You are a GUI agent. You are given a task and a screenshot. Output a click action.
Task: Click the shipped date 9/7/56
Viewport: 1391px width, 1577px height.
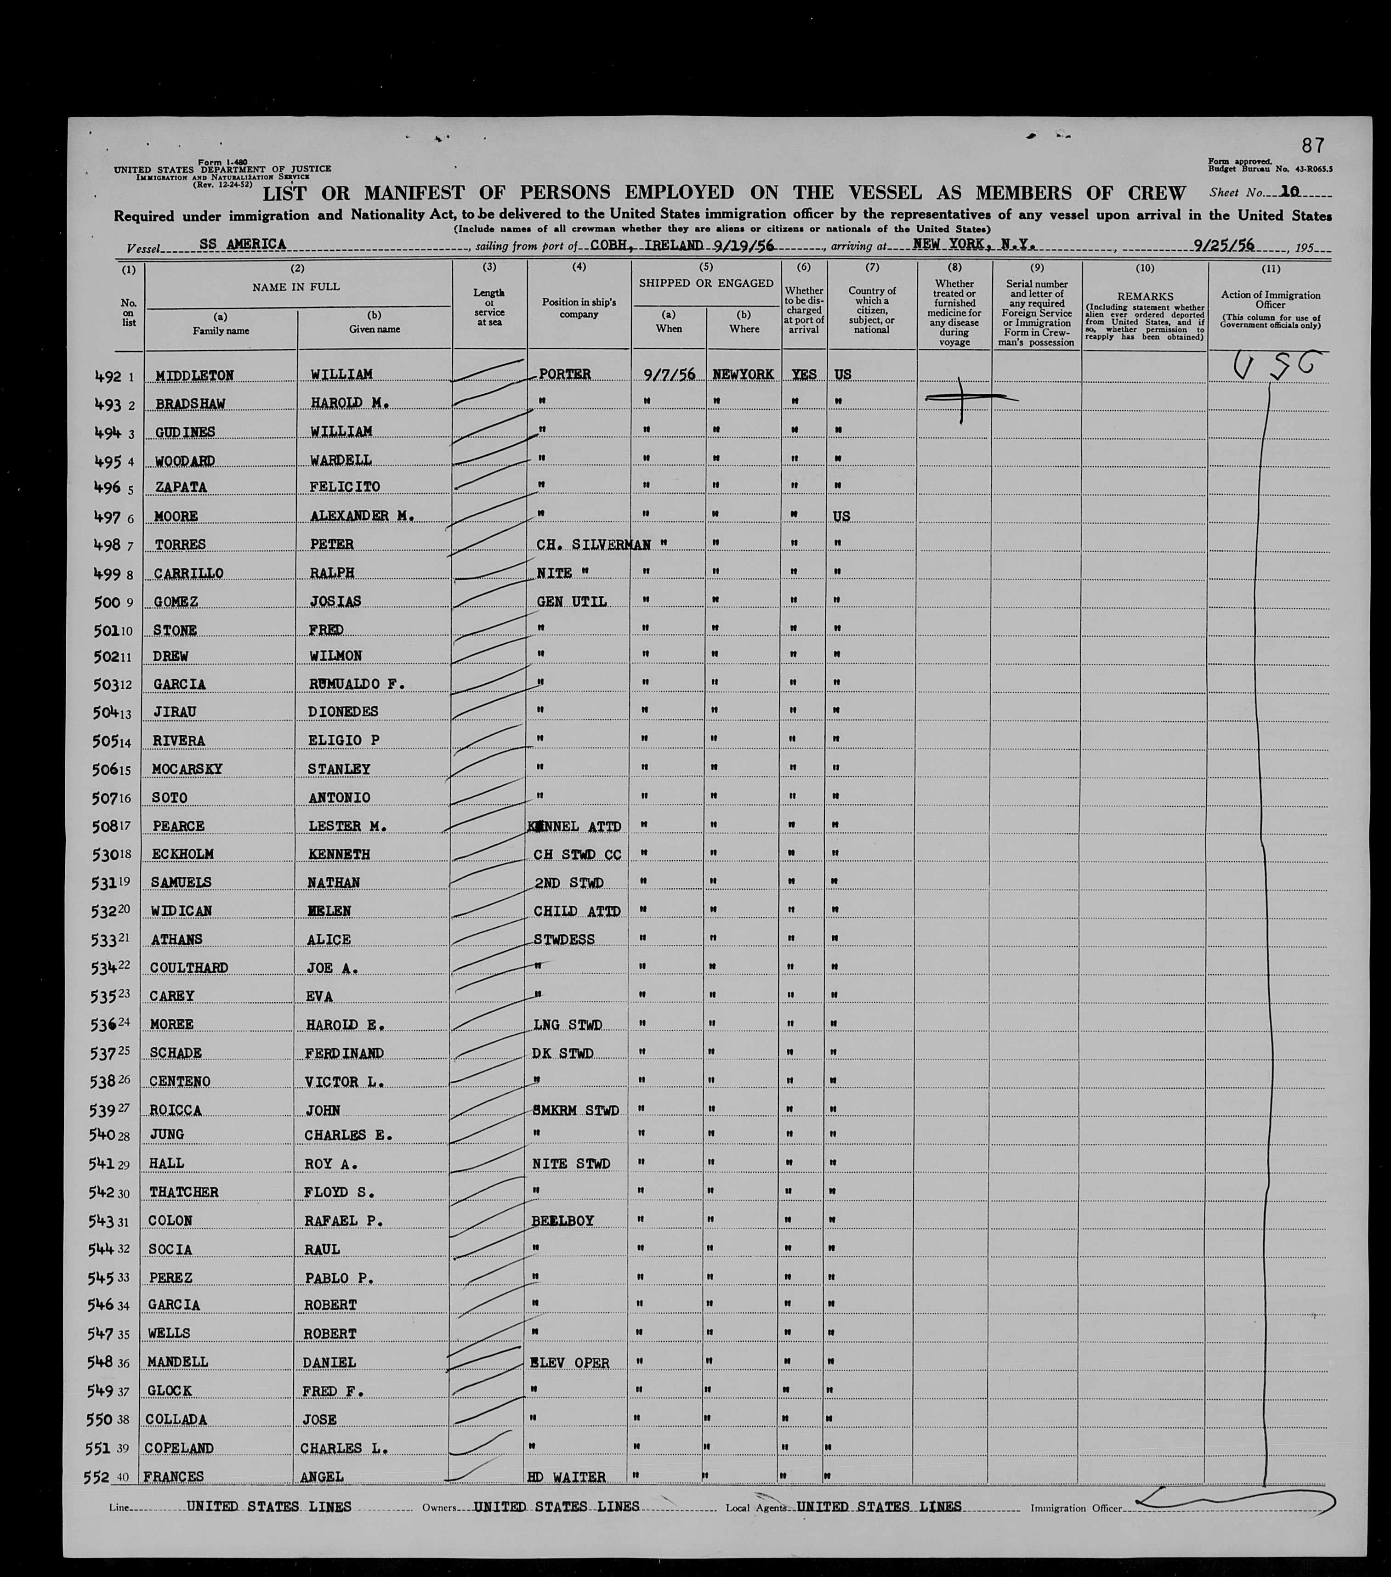tap(669, 374)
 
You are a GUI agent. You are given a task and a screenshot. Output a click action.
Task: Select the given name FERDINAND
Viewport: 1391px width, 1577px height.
tap(344, 1053)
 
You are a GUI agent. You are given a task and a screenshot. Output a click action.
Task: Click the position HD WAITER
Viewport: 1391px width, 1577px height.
tap(566, 1477)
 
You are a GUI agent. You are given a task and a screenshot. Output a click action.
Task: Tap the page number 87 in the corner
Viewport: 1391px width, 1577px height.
tap(1312, 145)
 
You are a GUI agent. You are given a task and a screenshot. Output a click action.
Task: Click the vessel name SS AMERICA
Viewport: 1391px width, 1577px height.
tap(242, 244)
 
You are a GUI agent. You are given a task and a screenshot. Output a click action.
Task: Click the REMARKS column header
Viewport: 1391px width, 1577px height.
tap(1145, 296)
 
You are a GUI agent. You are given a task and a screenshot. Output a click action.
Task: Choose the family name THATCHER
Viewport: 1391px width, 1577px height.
tap(184, 1192)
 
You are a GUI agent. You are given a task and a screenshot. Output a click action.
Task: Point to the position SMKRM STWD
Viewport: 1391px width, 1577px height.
tap(575, 1110)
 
